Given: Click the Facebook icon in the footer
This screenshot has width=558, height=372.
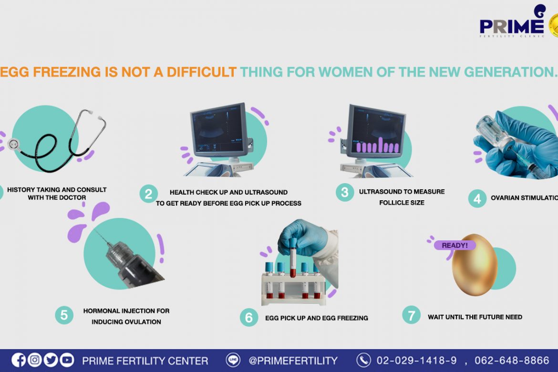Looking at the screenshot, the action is pos(19,360).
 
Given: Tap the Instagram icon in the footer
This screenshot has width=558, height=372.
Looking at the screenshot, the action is pos(34,360).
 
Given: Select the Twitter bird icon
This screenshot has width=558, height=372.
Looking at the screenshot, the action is pos(51,360).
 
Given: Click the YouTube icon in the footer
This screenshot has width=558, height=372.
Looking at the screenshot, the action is pos(67,360).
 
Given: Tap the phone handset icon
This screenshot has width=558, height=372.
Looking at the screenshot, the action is pos(363,360).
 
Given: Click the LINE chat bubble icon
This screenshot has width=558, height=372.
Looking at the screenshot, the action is pos(233,360).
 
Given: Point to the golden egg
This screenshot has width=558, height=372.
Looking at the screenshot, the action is pos(474,265).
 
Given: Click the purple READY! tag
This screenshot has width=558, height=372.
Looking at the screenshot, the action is pos(455,245).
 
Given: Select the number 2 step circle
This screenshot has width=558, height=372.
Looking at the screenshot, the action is pos(148,194).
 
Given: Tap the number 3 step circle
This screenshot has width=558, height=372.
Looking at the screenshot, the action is pos(344,192).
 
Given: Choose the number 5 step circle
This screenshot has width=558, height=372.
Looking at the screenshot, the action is pos(64,315).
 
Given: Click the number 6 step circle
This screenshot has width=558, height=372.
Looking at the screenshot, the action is pos(249,317).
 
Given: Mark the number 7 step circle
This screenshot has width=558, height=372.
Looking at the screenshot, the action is pos(412,315).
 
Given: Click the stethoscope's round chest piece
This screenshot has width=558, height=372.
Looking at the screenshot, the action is pos(13,145).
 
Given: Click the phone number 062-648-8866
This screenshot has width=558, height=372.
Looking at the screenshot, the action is pos(512,360).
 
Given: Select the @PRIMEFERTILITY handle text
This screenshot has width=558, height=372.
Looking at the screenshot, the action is pos(293,361).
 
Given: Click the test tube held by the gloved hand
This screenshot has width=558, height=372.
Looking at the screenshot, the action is pos(292,258).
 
